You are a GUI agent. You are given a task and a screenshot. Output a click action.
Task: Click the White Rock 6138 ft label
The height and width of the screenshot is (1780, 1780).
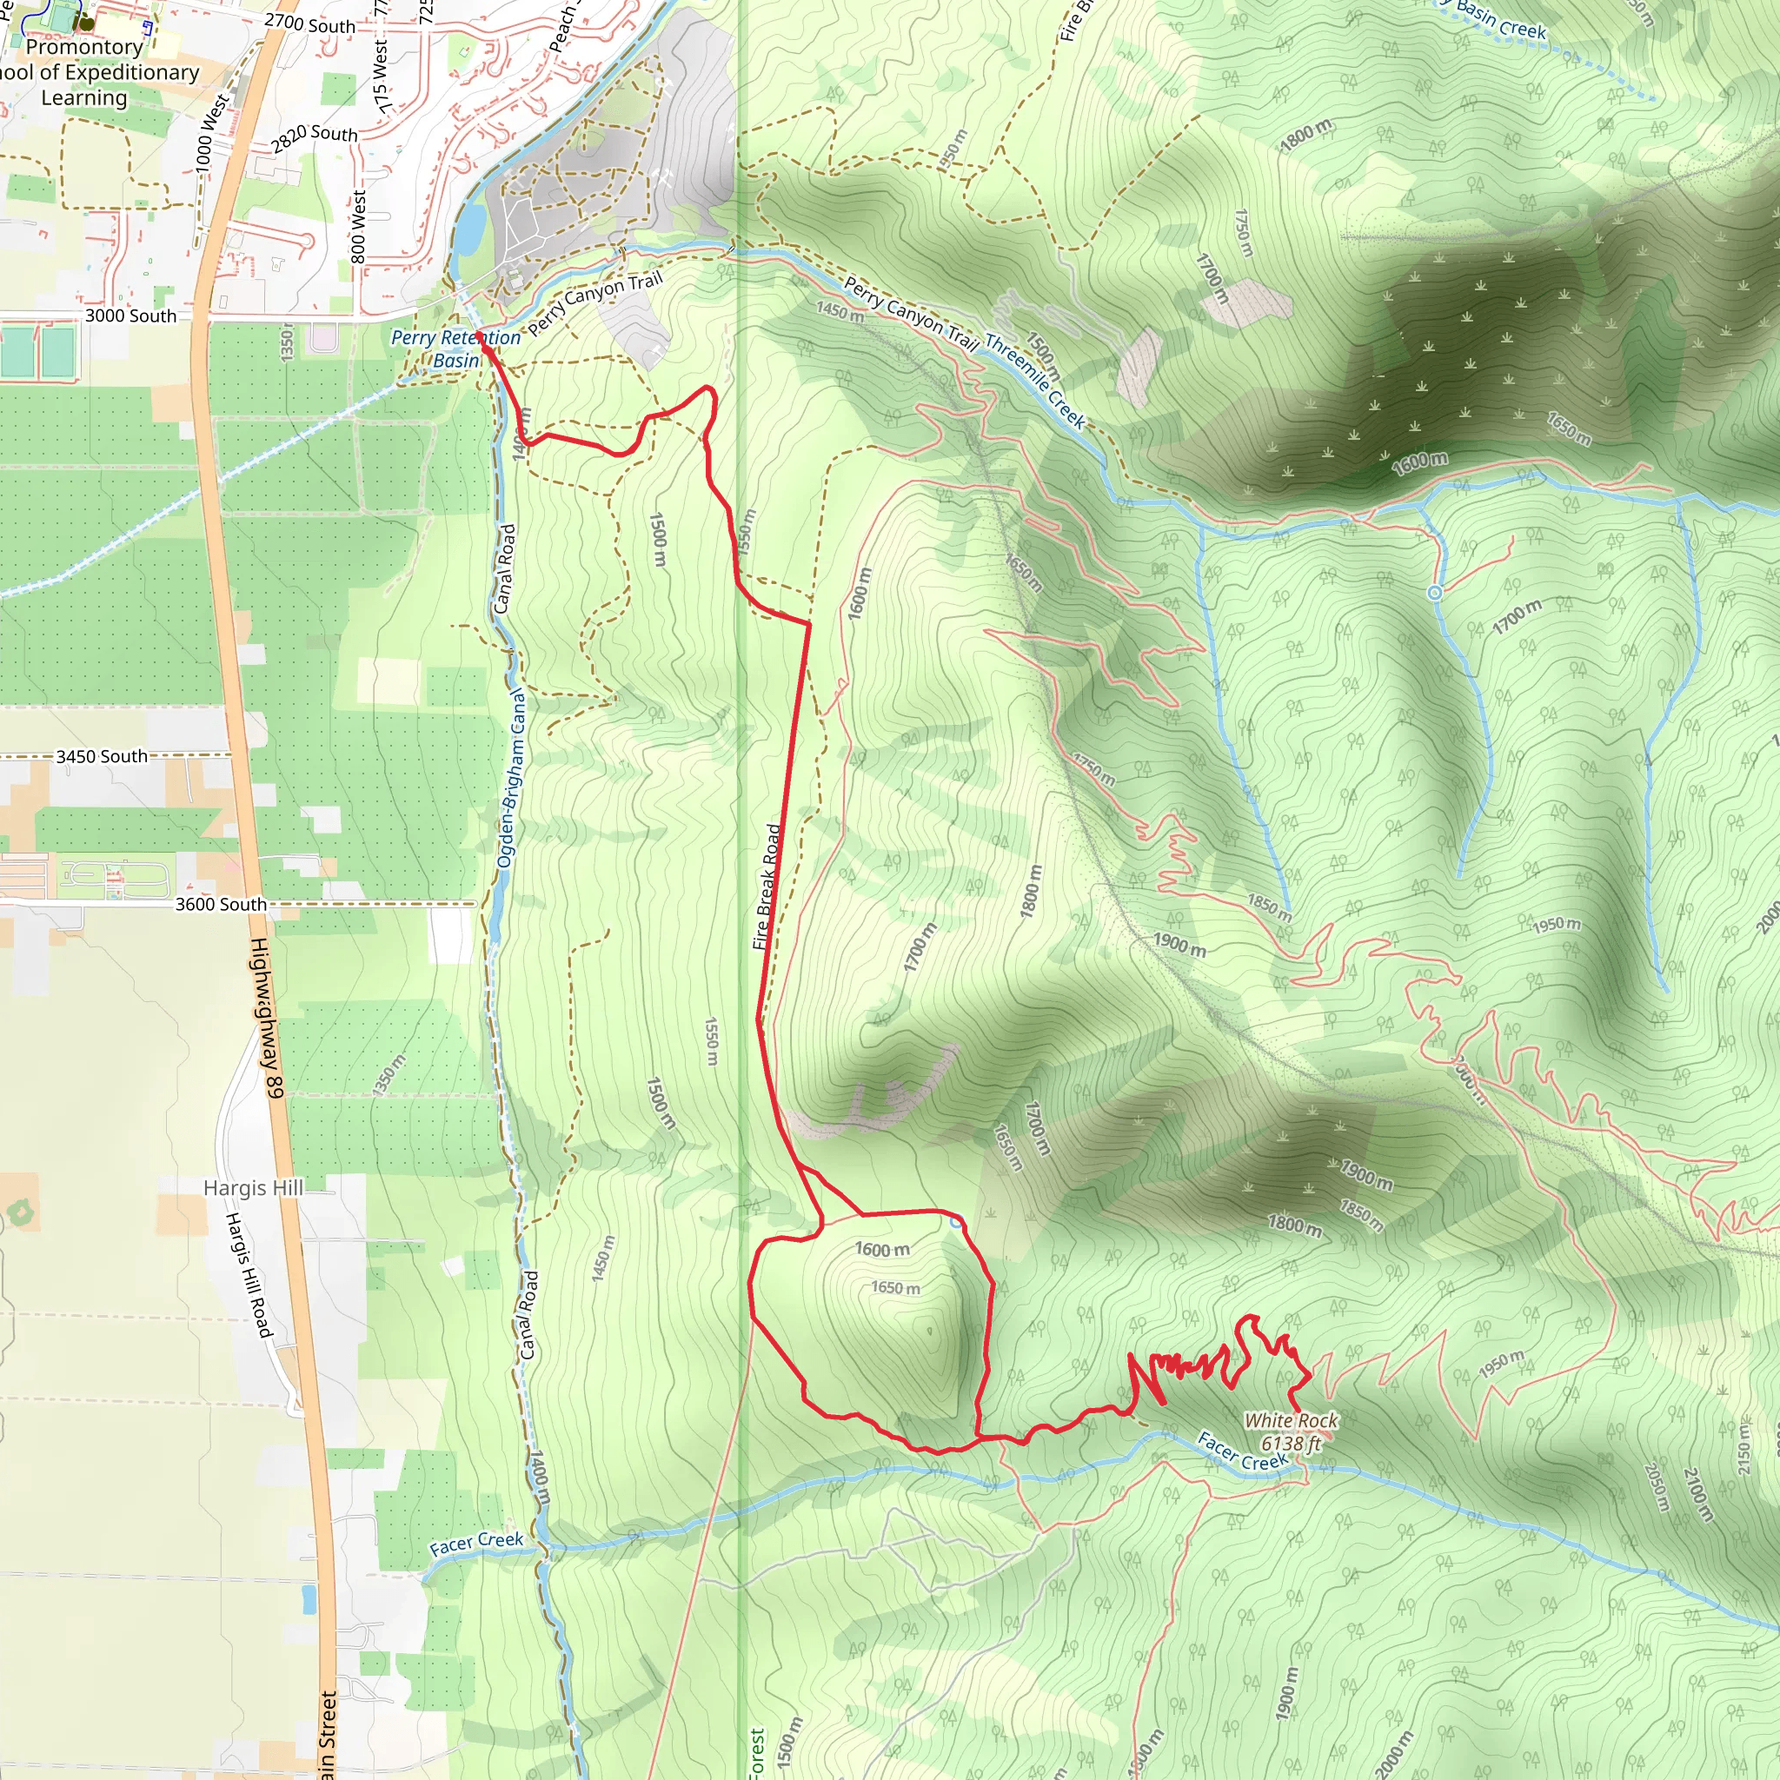pyautogui.click(x=1291, y=1431)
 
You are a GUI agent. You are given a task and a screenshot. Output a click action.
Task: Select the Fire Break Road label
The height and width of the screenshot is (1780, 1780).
pyautogui.click(x=767, y=887)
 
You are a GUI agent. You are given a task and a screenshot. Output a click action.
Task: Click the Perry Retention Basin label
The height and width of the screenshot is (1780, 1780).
pyautogui.click(x=456, y=349)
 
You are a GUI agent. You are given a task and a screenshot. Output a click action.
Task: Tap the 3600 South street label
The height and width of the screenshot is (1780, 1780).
pyautogui.click(x=221, y=905)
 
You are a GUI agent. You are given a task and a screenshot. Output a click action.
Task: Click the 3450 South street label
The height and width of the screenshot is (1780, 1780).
pyautogui.click(x=102, y=756)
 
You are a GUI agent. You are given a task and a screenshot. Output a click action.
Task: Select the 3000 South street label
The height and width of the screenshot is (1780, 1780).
pyautogui.click(x=131, y=316)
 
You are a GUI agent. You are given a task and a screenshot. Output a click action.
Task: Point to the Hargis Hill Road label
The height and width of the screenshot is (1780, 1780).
pyautogui.click(x=249, y=1275)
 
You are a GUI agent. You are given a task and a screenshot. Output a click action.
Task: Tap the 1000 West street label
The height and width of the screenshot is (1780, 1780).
pyautogui.click(x=211, y=134)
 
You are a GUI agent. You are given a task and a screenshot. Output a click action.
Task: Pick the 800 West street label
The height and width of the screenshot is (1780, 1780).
pyautogui.click(x=358, y=227)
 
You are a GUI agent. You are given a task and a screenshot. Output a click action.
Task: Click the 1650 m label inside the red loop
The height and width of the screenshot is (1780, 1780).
pyautogui.click(x=894, y=1288)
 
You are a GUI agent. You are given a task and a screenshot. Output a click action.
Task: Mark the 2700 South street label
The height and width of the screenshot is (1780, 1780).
pyautogui.click(x=309, y=24)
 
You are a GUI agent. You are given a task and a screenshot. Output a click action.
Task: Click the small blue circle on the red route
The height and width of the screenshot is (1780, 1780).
pyautogui.click(x=956, y=1222)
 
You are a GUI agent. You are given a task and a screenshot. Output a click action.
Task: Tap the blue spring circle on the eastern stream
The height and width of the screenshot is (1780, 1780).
pyautogui.click(x=1434, y=594)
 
